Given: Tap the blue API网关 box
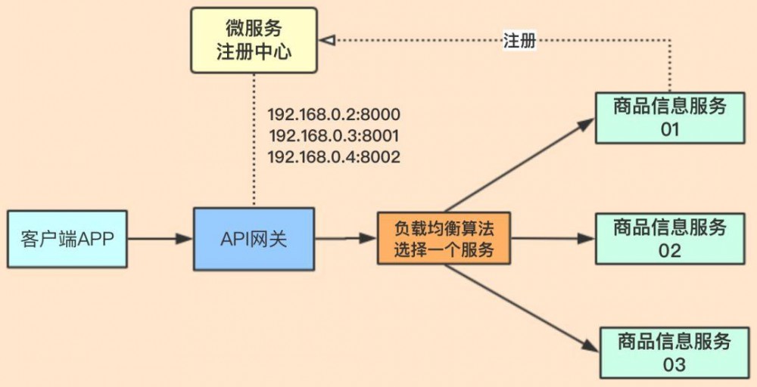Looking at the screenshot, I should pos(254,239).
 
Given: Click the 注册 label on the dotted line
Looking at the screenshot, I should pos(519,41).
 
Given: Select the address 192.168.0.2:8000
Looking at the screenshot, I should pos(334,115).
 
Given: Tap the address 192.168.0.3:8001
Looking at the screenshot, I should pos(334,136).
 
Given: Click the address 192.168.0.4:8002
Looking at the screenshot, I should pos(334,157).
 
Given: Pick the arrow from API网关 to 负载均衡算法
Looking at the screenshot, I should pos(345,239).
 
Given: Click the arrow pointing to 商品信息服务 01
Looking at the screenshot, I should pos(522,163).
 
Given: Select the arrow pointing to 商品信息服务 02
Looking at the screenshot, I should pos(553,239).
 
